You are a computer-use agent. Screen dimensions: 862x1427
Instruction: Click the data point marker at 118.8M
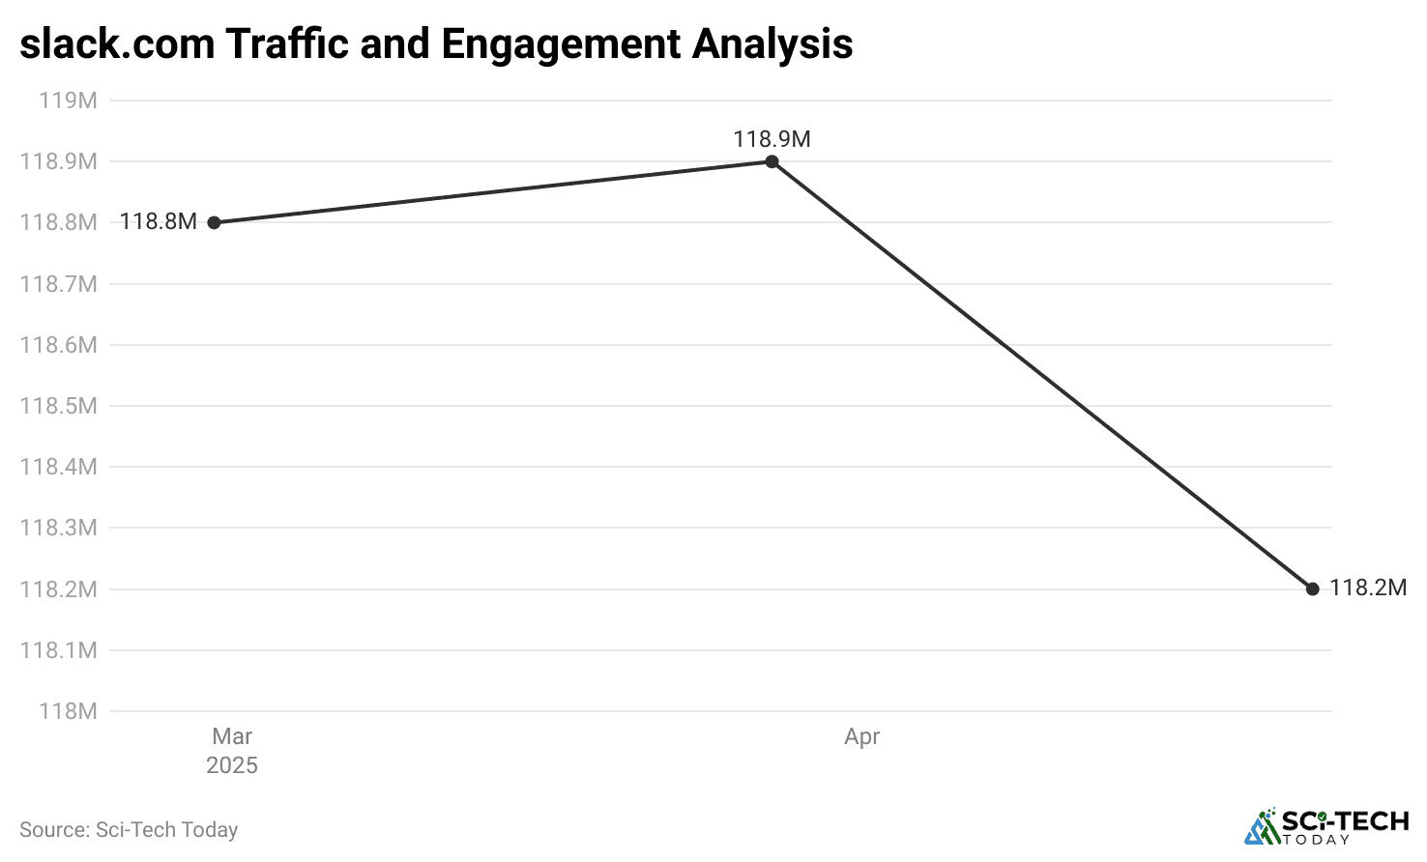[215, 222]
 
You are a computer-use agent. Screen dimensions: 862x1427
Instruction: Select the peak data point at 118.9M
[772, 161]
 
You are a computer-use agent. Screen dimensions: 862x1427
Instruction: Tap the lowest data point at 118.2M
[1312, 589]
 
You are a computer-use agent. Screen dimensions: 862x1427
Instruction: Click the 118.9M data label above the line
[772, 139]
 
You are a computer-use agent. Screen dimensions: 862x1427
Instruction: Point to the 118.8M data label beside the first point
[159, 221]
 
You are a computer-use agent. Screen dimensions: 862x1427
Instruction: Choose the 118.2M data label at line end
[1367, 588]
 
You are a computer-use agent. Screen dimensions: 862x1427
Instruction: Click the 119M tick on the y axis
[68, 101]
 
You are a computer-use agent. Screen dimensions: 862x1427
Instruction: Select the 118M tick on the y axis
[68, 711]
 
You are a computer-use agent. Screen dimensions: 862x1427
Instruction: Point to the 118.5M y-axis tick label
[59, 406]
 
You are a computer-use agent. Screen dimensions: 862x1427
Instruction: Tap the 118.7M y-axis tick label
[59, 284]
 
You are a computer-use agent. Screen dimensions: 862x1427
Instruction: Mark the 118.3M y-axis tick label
[59, 528]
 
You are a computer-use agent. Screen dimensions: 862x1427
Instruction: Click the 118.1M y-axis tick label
[59, 650]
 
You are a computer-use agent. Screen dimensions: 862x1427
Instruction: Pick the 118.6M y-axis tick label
[59, 345]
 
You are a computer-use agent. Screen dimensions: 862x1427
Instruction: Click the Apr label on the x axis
[861, 736]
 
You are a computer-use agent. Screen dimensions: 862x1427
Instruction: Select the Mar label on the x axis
[232, 736]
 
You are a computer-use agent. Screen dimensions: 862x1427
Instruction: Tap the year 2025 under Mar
[232, 765]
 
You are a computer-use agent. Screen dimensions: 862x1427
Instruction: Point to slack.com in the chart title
[117, 44]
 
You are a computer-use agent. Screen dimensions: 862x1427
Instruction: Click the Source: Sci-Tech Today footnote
[129, 829]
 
